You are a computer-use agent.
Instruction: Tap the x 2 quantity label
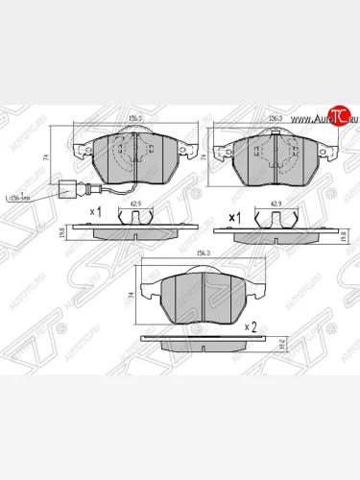(252, 326)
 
